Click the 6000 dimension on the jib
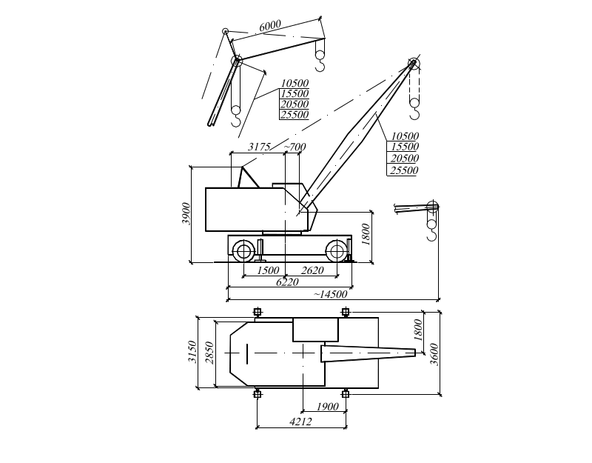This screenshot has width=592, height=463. (x=270, y=26)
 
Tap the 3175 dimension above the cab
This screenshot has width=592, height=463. (x=259, y=147)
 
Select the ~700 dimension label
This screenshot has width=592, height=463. (x=295, y=147)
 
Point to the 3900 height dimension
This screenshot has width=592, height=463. (x=186, y=213)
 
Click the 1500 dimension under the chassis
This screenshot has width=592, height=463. (x=268, y=270)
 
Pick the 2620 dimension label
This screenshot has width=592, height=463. (x=312, y=270)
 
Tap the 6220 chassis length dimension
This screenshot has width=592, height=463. (x=287, y=282)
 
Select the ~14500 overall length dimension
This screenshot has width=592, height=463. (x=330, y=294)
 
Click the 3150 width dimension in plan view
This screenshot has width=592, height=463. (x=192, y=352)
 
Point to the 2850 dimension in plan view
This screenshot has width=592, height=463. (x=209, y=353)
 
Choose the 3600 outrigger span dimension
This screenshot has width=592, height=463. (x=434, y=355)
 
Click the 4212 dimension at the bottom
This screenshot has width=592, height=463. (x=301, y=422)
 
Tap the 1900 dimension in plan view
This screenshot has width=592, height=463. (x=327, y=407)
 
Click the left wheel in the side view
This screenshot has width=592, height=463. (x=243, y=250)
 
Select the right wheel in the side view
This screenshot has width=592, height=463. (x=337, y=250)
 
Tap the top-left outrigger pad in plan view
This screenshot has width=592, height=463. (x=258, y=312)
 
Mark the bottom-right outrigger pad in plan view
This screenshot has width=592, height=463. (x=345, y=394)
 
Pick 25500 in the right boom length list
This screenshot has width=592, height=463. (x=404, y=170)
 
